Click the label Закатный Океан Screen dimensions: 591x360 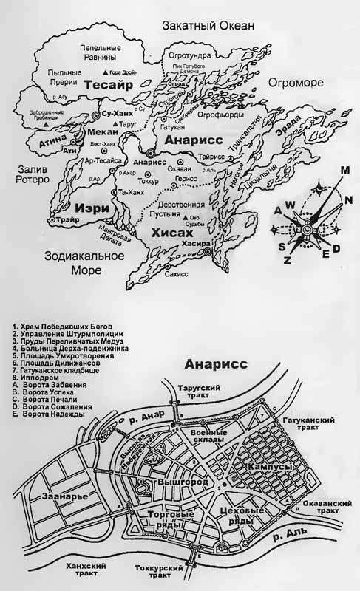click(x=208, y=27)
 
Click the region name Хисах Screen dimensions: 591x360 click(x=170, y=231)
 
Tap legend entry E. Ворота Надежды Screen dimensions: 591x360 click(x=50, y=414)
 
